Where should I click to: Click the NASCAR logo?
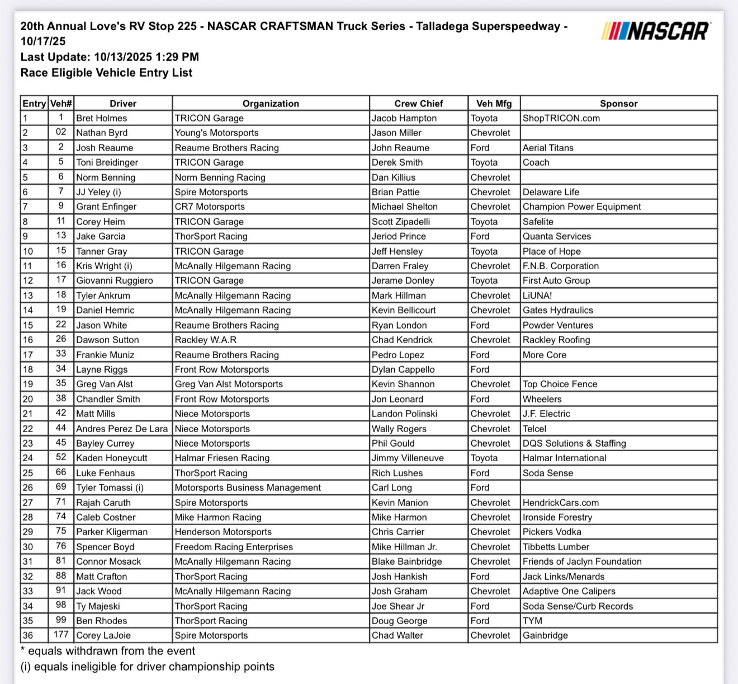click(x=656, y=31)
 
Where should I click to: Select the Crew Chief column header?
click(x=418, y=104)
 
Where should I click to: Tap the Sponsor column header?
click(x=618, y=104)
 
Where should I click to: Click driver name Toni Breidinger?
click(x=107, y=162)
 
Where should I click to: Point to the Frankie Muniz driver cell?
click(x=105, y=355)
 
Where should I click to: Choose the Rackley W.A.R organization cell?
click(x=206, y=340)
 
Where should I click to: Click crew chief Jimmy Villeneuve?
click(x=408, y=458)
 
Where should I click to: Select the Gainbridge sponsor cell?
click(x=545, y=635)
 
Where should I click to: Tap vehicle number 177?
click(x=61, y=635)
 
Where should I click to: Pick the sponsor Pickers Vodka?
click(x=552, y=532)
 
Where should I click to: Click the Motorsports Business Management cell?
click(x=248, y=488)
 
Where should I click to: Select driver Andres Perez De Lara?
click(x=122, y=429)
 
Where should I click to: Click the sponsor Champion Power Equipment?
click(x=581, y=207)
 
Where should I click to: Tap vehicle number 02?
click(x=61, y=133)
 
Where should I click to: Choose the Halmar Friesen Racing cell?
click(x=222, y=458)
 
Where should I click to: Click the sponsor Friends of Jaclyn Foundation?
click(x=582, y=561)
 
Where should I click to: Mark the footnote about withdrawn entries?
click(x=108, y=651)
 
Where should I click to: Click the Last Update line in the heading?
click(x=110, y=57)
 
